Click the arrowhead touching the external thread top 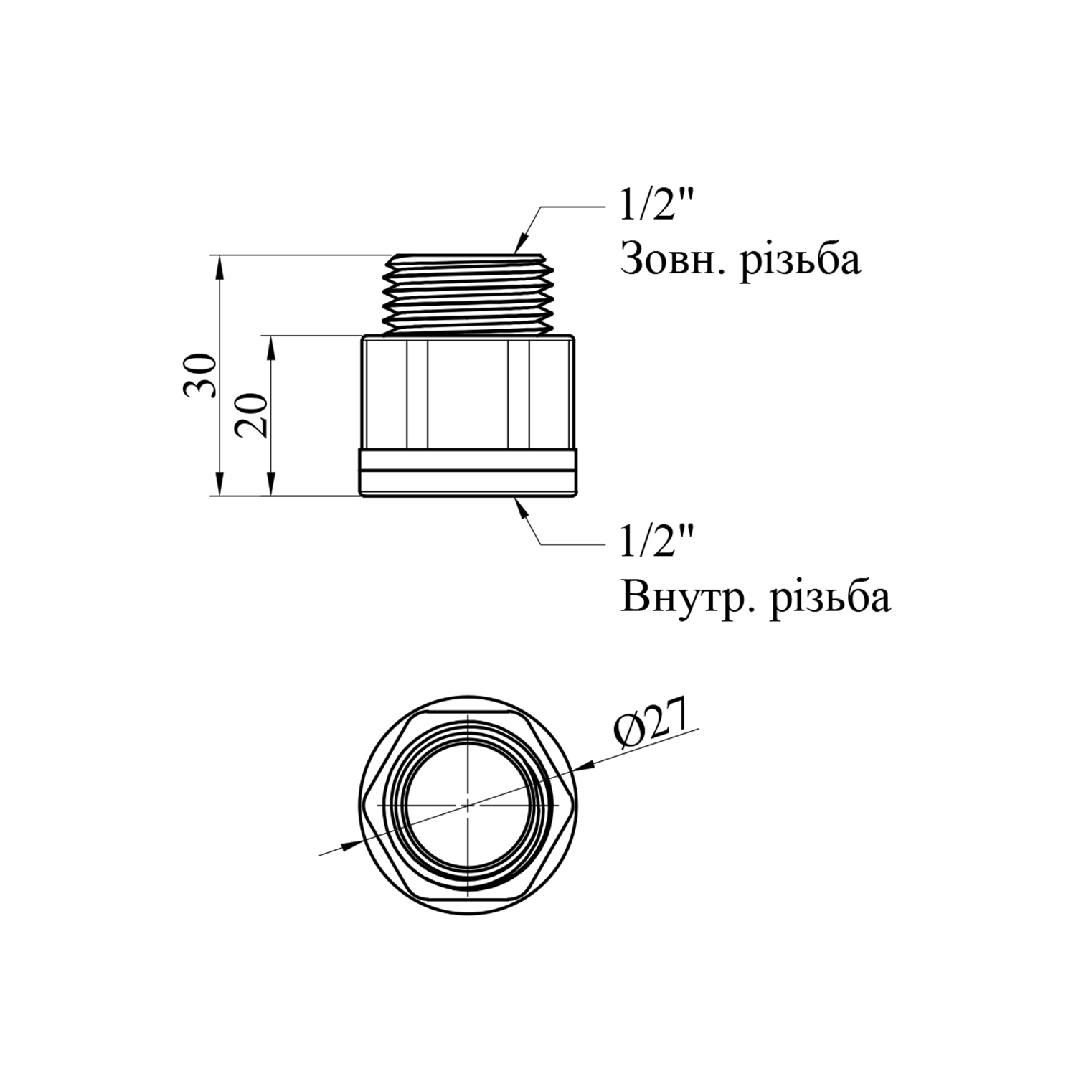click(522, 241)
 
